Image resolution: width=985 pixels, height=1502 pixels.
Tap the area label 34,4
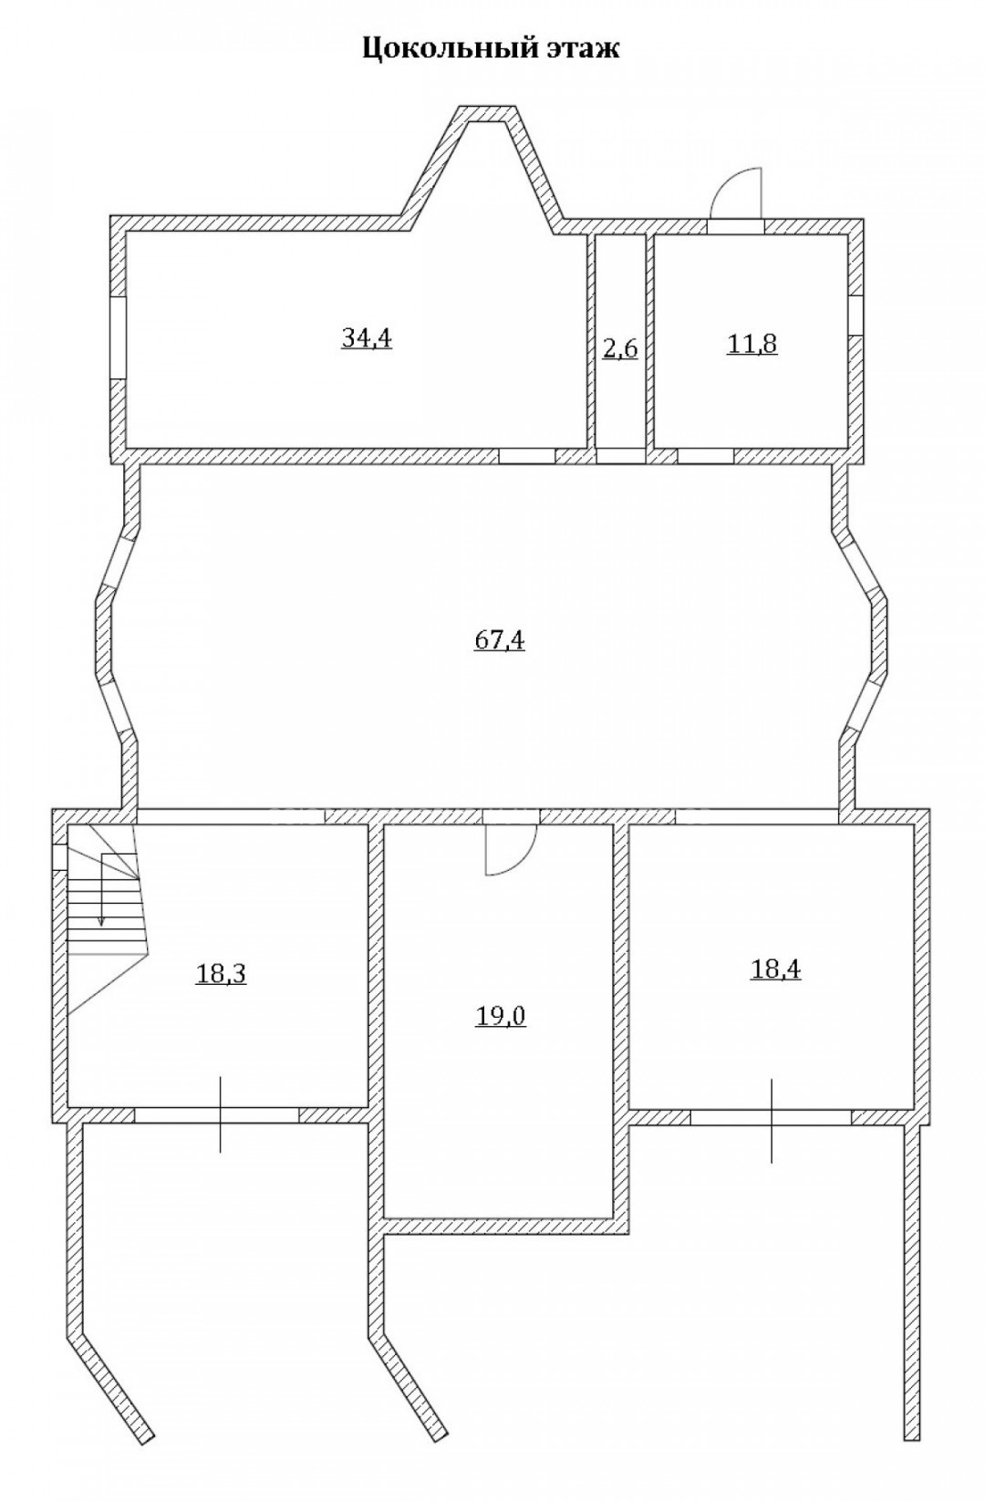(x=366, y=338)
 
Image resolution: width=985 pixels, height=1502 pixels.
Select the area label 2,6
(x=619, y=349)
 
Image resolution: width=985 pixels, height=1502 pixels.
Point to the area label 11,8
(x=752, y=344)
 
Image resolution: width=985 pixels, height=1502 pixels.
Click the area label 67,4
(x=500, y=640)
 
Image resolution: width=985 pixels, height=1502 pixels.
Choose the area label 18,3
(x=221, y=973)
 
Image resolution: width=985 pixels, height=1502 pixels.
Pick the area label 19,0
(x=500, y=1017)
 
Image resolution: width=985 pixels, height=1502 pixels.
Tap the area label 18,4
(x=775, y=969)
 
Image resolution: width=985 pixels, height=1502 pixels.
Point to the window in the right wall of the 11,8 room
(x=855, y=316)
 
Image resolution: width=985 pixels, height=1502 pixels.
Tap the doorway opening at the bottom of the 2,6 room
(x=620, y=456)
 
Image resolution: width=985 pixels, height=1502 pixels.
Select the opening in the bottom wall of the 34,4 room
(x=527, y=456)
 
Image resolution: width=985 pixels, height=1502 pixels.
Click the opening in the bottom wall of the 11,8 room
(x=705, y=456)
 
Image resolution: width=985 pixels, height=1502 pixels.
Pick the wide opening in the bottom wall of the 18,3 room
(x=216, y=1114)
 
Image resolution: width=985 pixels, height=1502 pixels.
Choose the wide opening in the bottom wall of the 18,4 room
(x=771, y=1117)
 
